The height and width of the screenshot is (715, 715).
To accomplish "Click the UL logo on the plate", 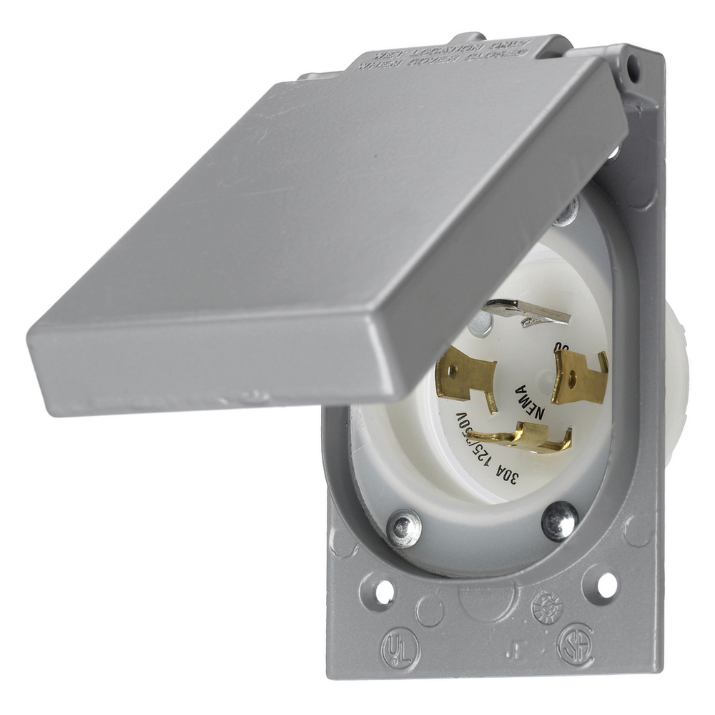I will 400,648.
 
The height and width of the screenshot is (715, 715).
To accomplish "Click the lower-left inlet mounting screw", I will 403,528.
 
